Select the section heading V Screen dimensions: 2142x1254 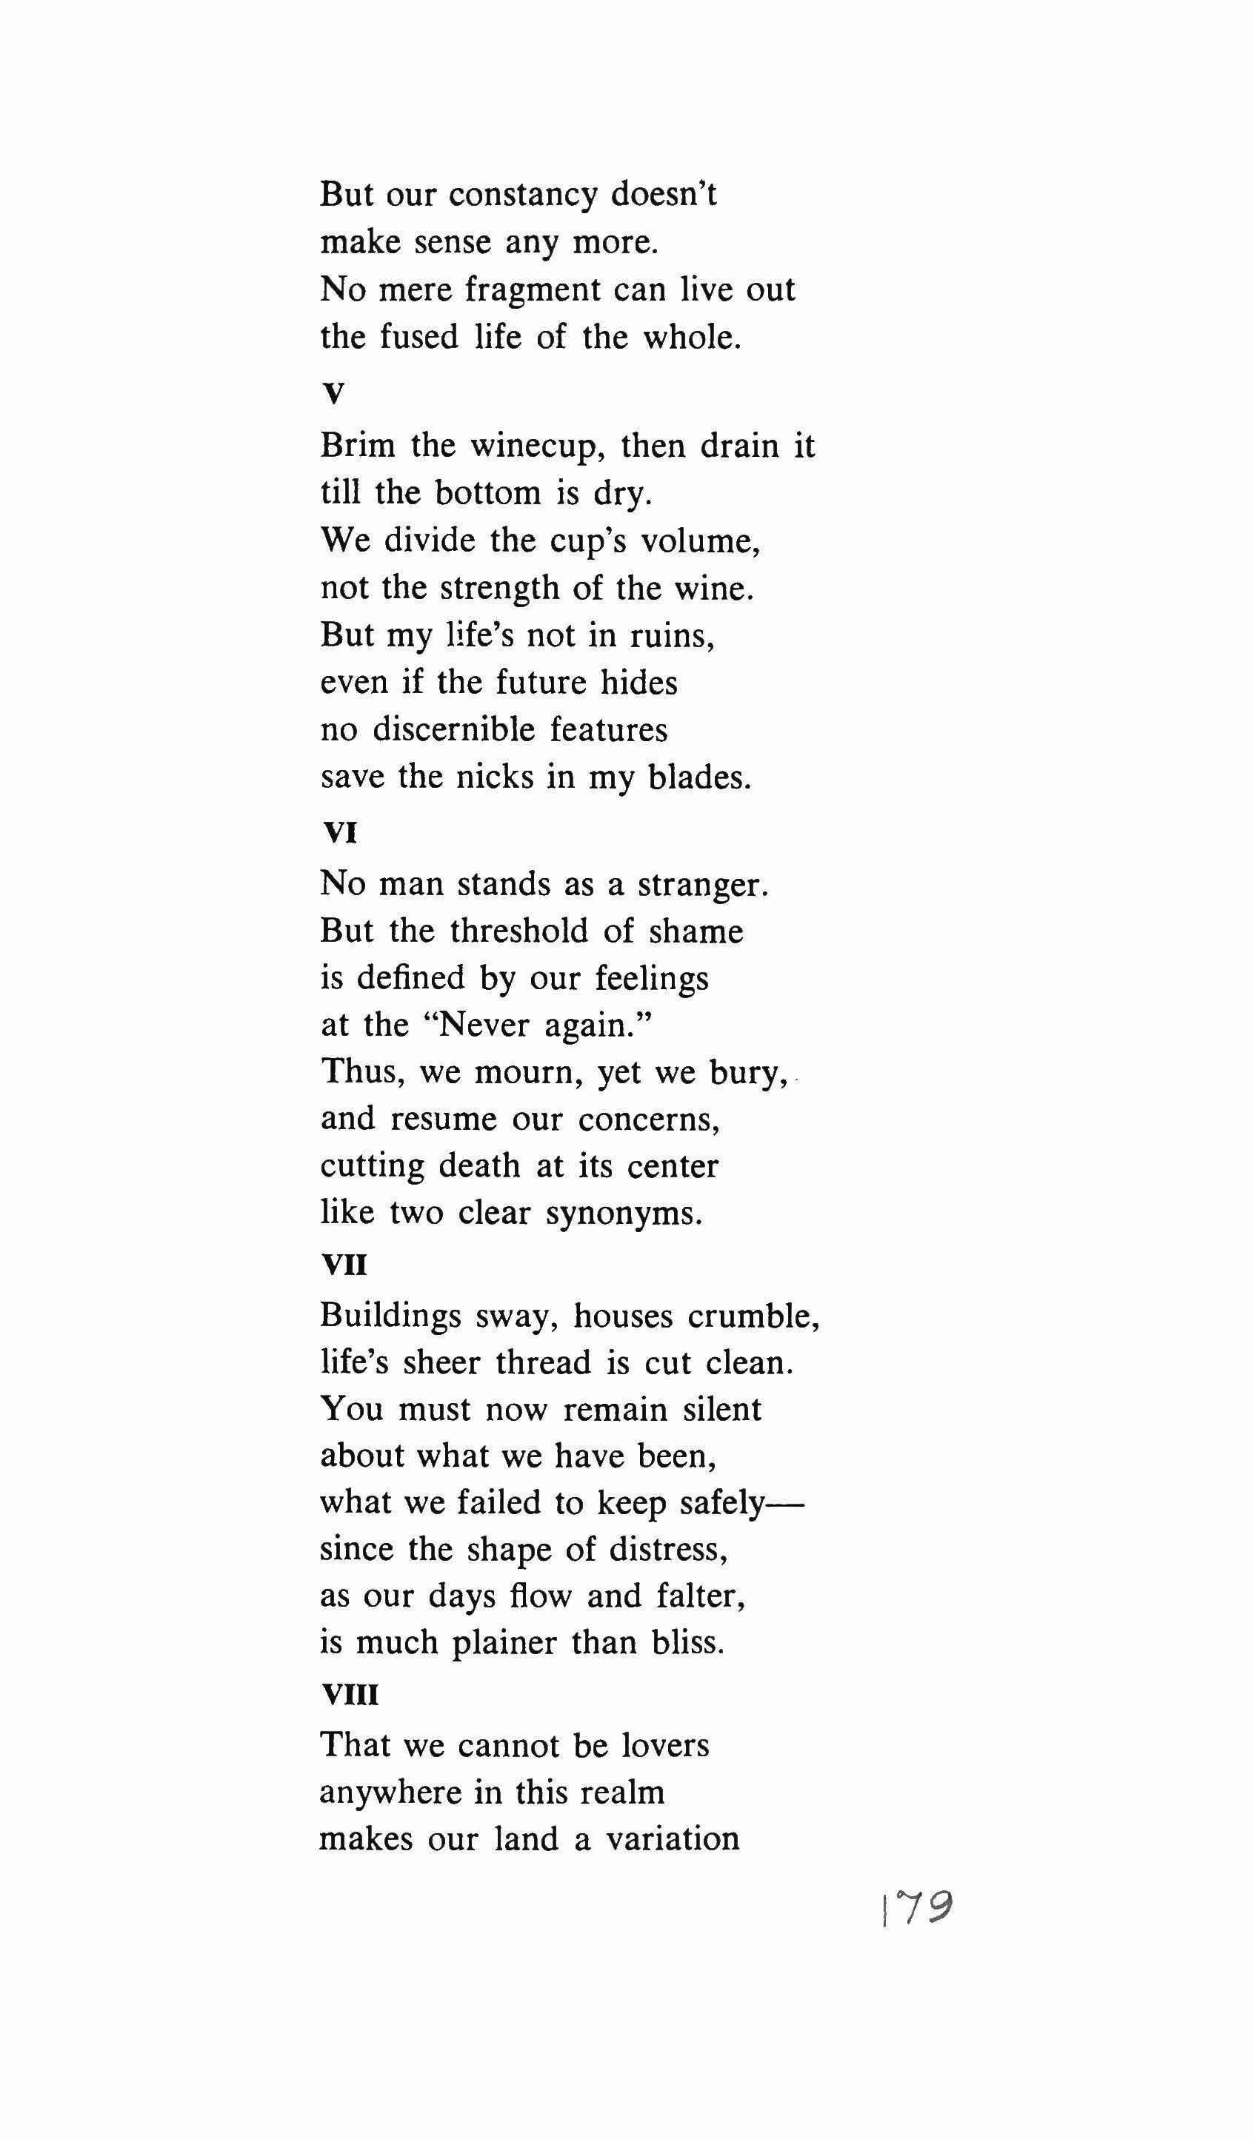[x=333, y=394]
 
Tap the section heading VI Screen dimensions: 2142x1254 [x=340, y=833]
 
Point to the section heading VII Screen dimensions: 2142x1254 [x=344, y=1265]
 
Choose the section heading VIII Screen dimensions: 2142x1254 [x=350, y=1696]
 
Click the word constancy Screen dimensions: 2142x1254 [x=523, y=195]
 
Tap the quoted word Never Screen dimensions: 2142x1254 [x=478, y=1025]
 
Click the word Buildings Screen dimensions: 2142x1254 [x=390, y=1316]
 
